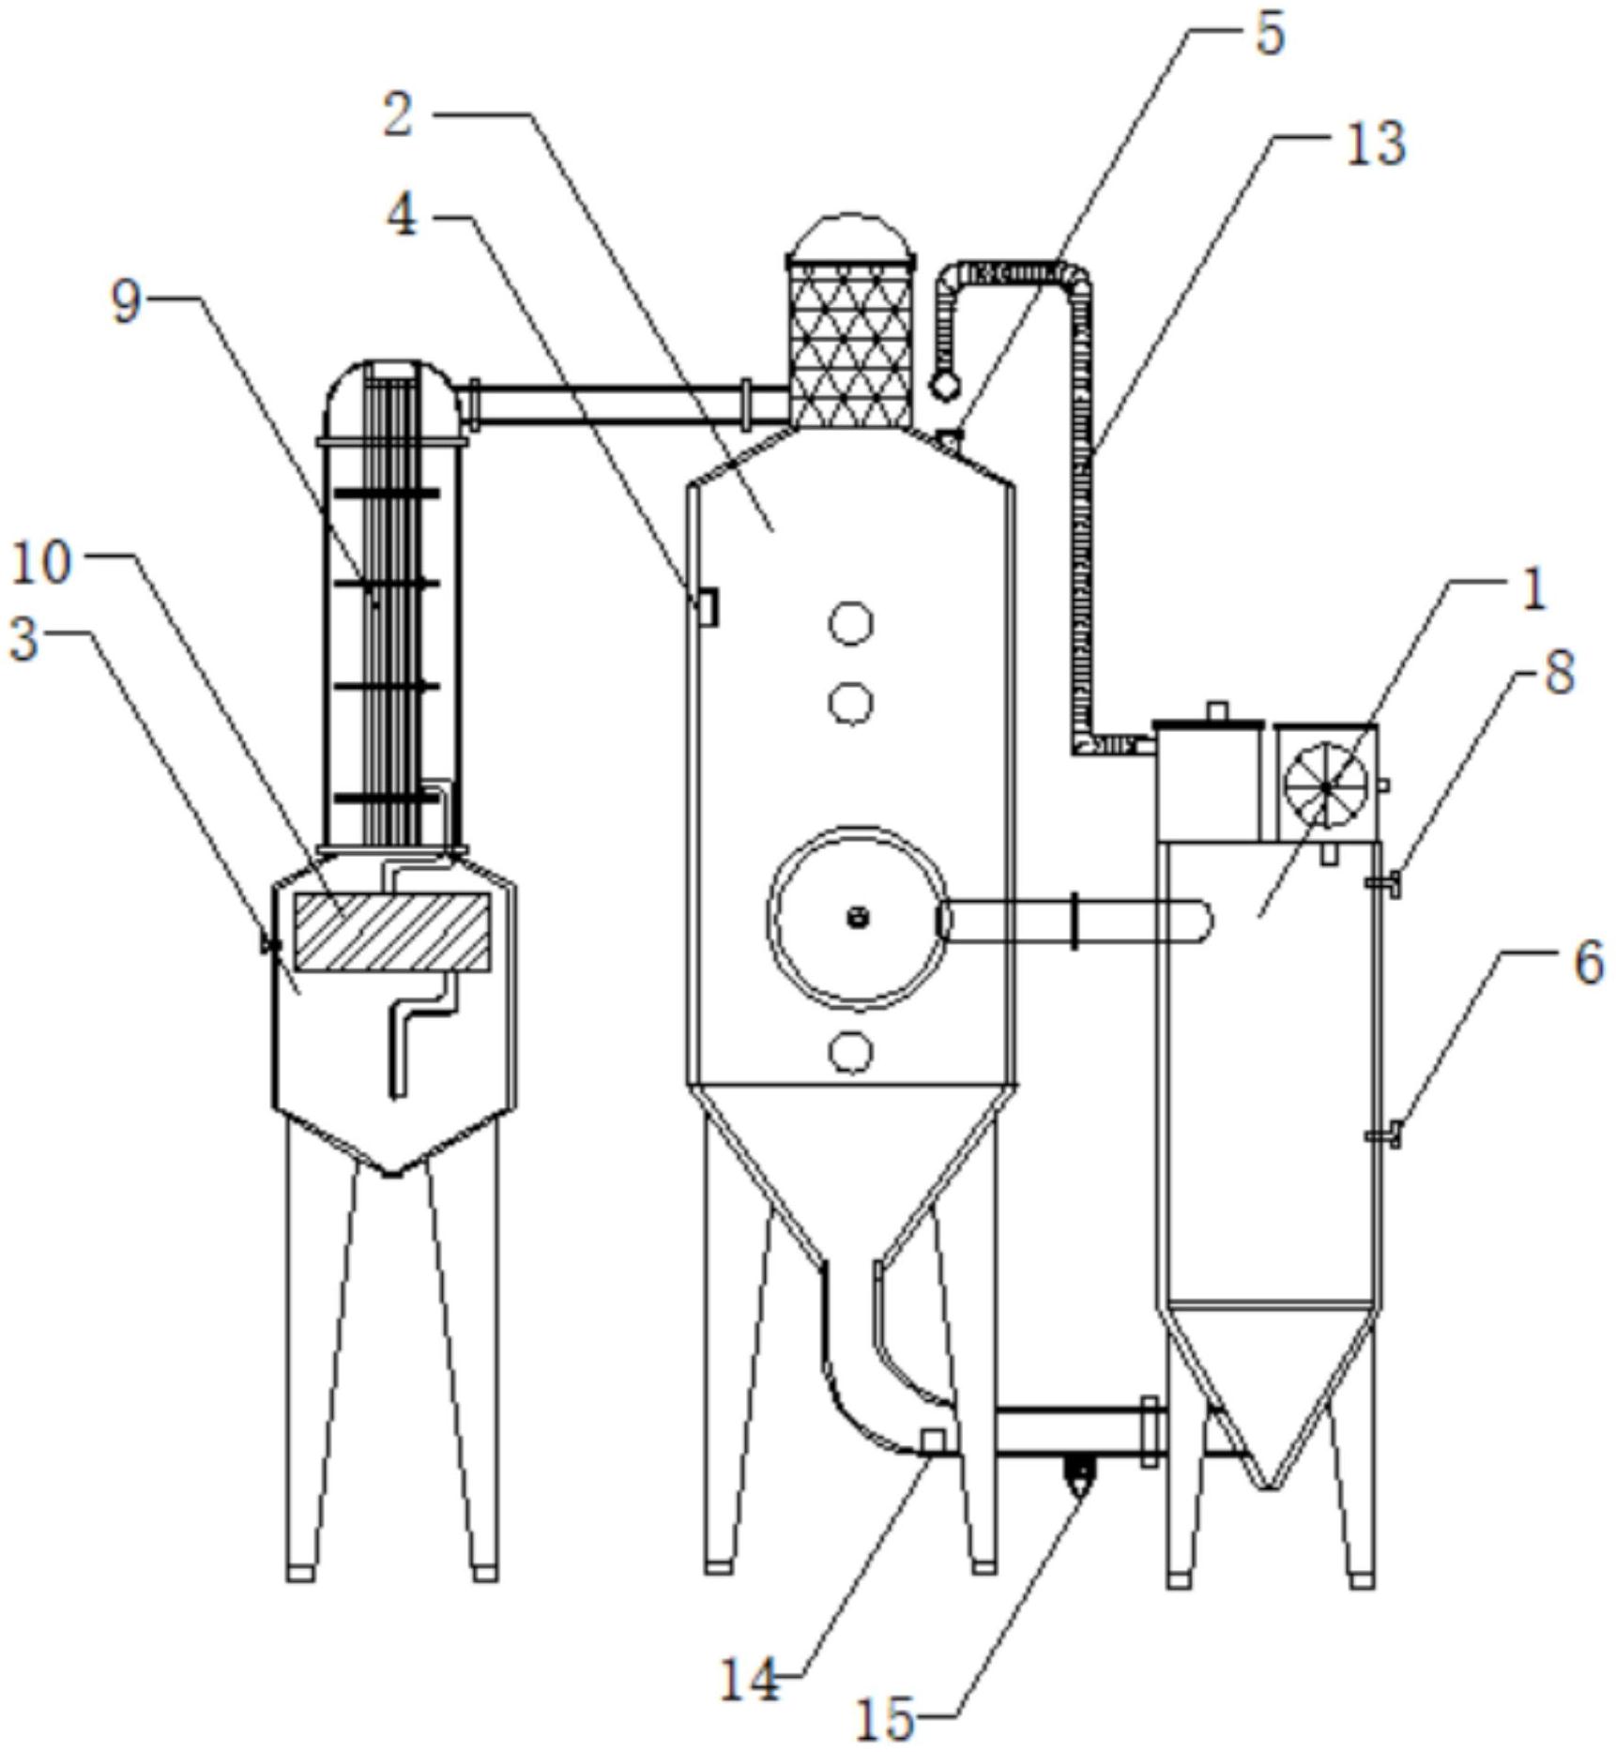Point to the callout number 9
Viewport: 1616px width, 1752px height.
(x=127, y=302)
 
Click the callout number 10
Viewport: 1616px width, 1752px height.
(x=40, y=564)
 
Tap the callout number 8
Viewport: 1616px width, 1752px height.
(x=1559, y=673)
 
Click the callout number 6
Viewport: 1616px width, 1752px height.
(x=1588, y=963)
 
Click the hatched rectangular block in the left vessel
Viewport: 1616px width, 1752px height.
(x=391, y=931)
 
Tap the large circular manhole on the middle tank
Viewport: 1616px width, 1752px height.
(x=857, y=918)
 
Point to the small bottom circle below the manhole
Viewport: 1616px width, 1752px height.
(x=850, y=1053)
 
